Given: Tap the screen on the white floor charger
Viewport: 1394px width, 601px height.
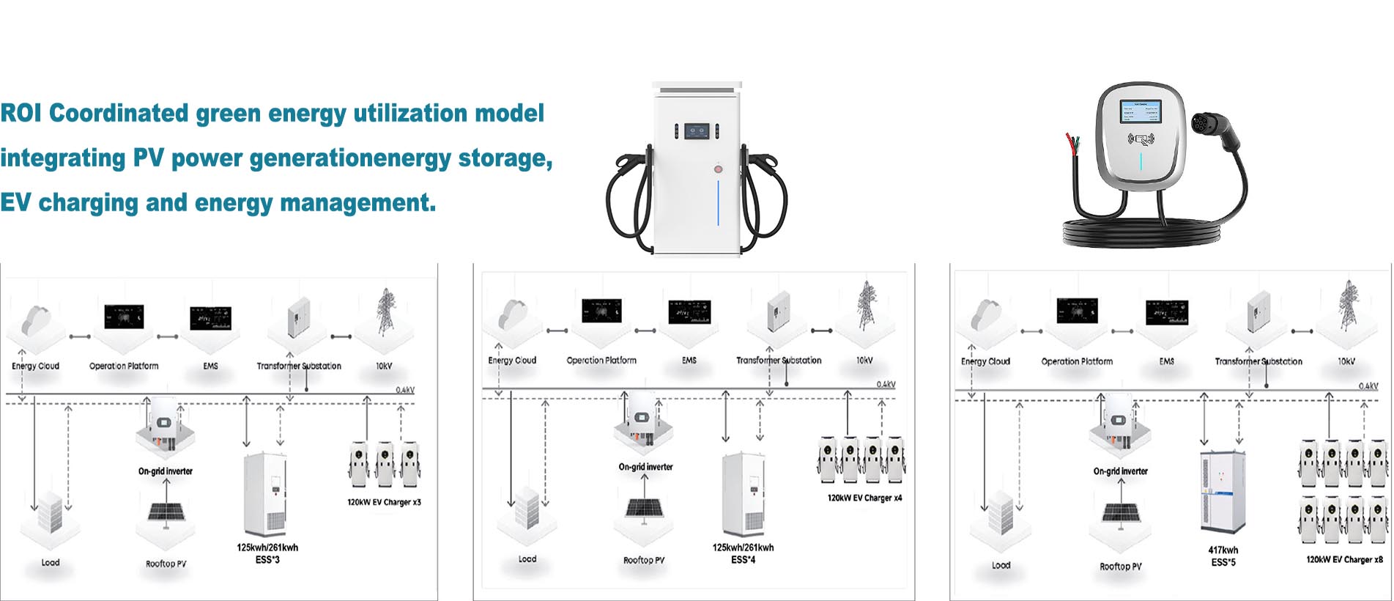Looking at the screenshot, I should (x=697, y=132).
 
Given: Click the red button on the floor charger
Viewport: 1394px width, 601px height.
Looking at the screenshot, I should (x=719, y=169).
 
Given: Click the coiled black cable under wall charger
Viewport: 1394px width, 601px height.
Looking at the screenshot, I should (x=1143, y=233).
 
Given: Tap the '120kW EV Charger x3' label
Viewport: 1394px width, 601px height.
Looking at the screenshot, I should (x=384, y=503).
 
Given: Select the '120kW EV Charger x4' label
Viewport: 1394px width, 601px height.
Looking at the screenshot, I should (x=864, y=498).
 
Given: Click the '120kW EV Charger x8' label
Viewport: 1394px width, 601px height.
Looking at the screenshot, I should (x=1344, y=560).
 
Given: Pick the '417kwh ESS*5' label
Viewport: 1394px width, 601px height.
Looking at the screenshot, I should (x=1223, y=556).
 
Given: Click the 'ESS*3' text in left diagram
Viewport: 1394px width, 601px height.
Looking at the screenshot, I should (x=267, y=560).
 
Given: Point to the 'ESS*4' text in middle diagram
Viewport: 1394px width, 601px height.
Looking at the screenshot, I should (x=743, y=560).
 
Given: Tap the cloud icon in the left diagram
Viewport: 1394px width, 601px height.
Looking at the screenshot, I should (x=34, y=320).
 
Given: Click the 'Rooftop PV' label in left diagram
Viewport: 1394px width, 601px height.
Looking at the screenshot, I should (x=166, y=564).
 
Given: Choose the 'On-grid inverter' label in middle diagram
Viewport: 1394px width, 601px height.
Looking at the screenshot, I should (x=645, y=467).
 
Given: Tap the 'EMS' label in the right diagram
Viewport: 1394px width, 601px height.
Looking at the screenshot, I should (x=1167, y=361).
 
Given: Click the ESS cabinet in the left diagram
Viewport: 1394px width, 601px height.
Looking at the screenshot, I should (x=264, y=495).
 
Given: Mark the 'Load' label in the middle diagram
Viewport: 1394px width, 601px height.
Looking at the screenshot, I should (x=527, y=559).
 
